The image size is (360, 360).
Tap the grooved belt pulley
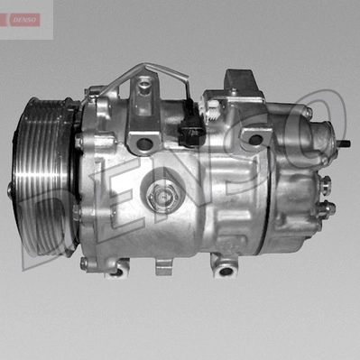point(42,178)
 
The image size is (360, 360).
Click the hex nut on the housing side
point(162,197)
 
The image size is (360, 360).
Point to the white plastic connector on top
point(210,109)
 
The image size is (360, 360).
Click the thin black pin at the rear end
point(345,143)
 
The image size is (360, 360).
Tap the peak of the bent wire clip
point(145,65)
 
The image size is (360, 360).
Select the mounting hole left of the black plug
point(144,143)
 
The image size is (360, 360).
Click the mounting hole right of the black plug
point(255,139)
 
